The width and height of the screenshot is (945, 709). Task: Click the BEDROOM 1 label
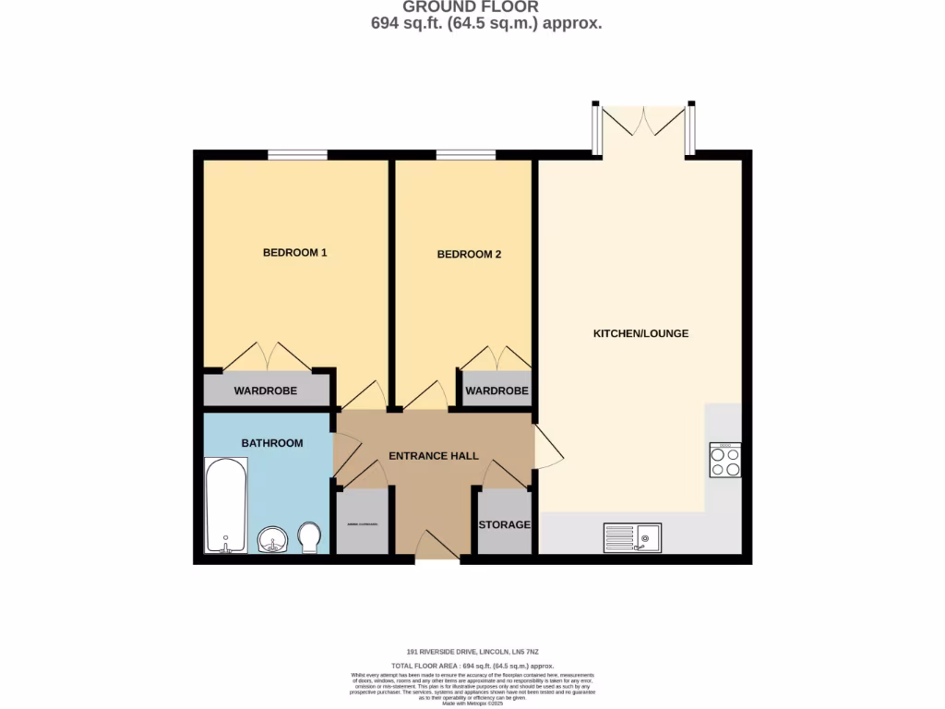pos(294,253)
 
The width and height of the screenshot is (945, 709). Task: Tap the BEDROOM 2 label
pos(469,254)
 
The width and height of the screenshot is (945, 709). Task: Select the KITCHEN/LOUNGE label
pos(640,333)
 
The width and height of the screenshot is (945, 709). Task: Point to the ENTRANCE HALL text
pos(433,456)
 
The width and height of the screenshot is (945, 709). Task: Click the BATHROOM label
pos(272,443)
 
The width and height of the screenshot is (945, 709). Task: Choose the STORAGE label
pos(504,524)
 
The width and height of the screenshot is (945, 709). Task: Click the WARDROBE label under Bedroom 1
pos(265,391)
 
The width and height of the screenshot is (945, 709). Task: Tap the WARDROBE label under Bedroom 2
pos(496,391)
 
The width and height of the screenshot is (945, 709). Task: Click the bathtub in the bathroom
pos(225,505)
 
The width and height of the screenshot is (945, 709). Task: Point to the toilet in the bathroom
pos(309,537)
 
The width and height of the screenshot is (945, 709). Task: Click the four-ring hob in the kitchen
pos(724,460)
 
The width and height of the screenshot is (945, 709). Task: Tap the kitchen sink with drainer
pos(632,537)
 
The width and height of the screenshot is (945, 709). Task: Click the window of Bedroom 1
pos(297,155)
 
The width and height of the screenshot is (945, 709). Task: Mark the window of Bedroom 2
pos(466,155)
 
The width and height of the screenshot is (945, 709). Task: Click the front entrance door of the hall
pos(437,547)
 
